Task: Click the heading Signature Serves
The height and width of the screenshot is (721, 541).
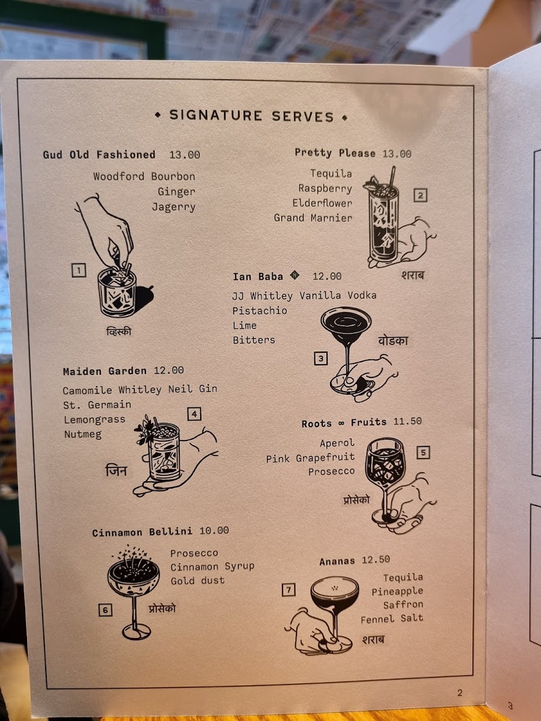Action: pos(252,115)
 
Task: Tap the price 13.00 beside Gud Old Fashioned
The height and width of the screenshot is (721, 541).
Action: pos(185,154)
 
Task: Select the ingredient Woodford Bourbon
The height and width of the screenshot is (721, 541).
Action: pos(144,177)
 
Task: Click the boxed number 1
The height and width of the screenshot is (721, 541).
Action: pos(79,270)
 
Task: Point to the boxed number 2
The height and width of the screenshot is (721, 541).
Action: pos(420,195)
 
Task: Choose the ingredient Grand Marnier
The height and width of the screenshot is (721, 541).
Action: pos(313,218)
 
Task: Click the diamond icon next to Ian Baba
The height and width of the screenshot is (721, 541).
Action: pos(295,275)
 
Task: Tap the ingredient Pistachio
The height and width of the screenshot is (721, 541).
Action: pos(260,311)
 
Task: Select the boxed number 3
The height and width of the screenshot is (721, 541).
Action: pos(321,358)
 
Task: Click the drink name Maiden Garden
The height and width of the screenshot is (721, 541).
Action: pos(105,371)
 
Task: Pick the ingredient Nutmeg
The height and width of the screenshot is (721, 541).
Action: pos(83,434)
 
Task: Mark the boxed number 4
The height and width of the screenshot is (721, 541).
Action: pos(194,414)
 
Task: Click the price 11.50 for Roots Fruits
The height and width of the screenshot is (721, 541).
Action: pos(408,421)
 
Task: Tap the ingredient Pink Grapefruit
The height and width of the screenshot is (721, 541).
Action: pos(310,458)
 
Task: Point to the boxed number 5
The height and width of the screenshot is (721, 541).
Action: pos(423,452)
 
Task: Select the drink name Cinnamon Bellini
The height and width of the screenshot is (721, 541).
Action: pos(142,532)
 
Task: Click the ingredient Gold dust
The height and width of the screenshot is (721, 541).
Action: pos(197,580)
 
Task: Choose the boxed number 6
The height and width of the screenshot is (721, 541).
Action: pos(105,610)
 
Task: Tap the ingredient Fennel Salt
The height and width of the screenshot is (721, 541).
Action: pos(392,618)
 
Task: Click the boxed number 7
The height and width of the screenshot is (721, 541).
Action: pos(289,589)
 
